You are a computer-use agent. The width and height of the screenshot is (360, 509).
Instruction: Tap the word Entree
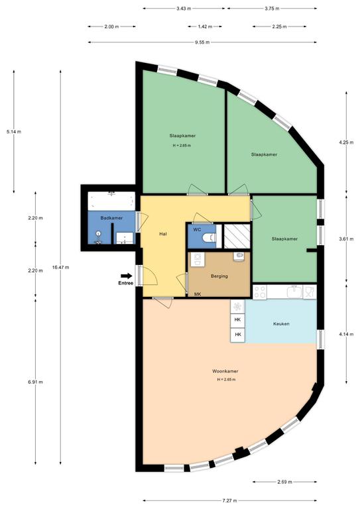pos(125,283)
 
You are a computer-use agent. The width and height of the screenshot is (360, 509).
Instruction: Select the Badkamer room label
pos(111,218)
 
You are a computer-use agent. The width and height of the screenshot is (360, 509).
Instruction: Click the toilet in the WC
pos(209,238)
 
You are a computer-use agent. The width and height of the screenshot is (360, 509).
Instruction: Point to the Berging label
pos(219,276)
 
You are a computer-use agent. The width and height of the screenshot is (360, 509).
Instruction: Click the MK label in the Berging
pos(198,294)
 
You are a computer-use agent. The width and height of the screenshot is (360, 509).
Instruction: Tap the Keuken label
pos(281,323)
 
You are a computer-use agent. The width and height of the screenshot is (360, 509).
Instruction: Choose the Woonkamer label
pos(225,371)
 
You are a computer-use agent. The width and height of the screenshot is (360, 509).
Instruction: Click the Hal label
pos(163,233)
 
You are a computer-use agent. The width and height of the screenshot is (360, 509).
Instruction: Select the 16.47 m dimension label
pos(60,267)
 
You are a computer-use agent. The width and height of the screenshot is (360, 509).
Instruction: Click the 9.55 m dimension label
pos(202,42)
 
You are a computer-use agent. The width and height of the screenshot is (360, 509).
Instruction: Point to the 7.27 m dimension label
pos(229,500)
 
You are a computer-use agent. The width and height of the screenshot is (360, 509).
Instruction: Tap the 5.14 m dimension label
pos(14,132)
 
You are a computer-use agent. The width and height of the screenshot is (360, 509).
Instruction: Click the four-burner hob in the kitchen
pos(260,292)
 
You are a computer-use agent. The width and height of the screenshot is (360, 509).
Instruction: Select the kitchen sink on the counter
pos(294,291)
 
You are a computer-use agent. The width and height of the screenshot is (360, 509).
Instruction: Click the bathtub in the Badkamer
pos(111,201)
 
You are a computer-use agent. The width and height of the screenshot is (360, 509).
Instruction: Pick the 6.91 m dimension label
pos(35,382)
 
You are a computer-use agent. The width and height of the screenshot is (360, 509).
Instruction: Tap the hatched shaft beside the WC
pos(237,236)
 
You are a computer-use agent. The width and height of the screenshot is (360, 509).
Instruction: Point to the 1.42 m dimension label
pos(205,27)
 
